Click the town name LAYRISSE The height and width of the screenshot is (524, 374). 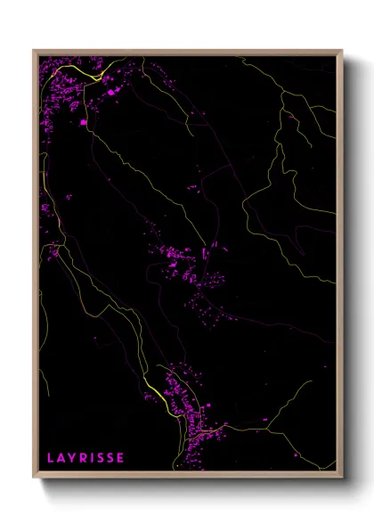click(85, 458)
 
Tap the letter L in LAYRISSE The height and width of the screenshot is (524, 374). click(50, 458)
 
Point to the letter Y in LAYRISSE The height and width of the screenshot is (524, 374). click(70, 458)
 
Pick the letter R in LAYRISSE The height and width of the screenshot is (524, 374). click(82, 458)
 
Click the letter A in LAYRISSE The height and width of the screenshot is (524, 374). click(60, 458)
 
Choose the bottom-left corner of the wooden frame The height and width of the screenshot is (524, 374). click(34, 478)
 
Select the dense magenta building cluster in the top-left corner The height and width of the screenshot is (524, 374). click(64, 89)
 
